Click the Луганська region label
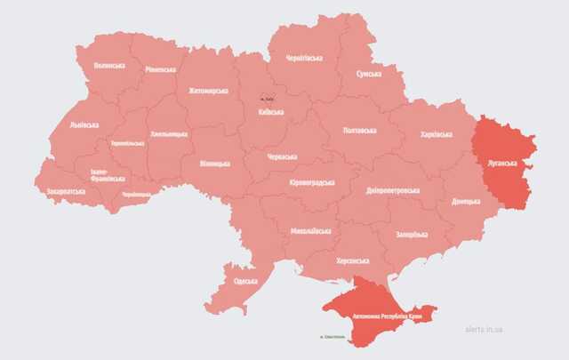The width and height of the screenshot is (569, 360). (x=503, y=164)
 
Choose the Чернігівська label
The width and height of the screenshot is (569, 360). (x=303, y=58)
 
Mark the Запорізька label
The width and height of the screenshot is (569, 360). (x=412, y=235)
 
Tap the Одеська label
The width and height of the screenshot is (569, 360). (x=245, y=281)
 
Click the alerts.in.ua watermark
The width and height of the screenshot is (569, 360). (x=484, y=329)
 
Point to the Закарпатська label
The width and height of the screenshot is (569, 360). (x=67, y=190)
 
